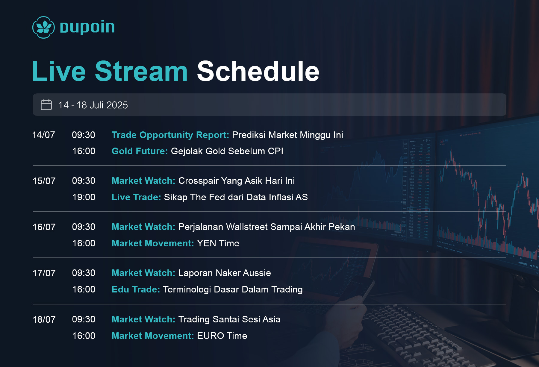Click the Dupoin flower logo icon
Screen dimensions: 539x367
[x=43, y=27]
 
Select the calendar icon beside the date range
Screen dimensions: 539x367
[x=46, y=105]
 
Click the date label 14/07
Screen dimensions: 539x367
[x=44, y=135]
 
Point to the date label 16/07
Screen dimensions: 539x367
[x=44, y=227]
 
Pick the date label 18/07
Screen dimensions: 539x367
[x=44, y=319]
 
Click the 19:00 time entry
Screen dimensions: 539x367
[x=84, y=197]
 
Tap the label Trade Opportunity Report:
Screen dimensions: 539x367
[x=170, y=135]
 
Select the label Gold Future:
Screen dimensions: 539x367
[x=140, y=151]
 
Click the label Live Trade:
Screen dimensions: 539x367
[x=136, y=197]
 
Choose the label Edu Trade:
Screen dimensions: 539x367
[x=136, y=289]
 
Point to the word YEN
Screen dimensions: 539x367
[x=207, y=243]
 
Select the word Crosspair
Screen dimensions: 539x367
[x=198, y=181]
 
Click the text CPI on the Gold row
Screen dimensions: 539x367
[x=275, y=151]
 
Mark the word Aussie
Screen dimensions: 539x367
[x=257, y=273]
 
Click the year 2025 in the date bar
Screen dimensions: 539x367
[x=117, y=105]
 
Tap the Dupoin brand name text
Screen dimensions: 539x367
[x=87, y=27]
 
